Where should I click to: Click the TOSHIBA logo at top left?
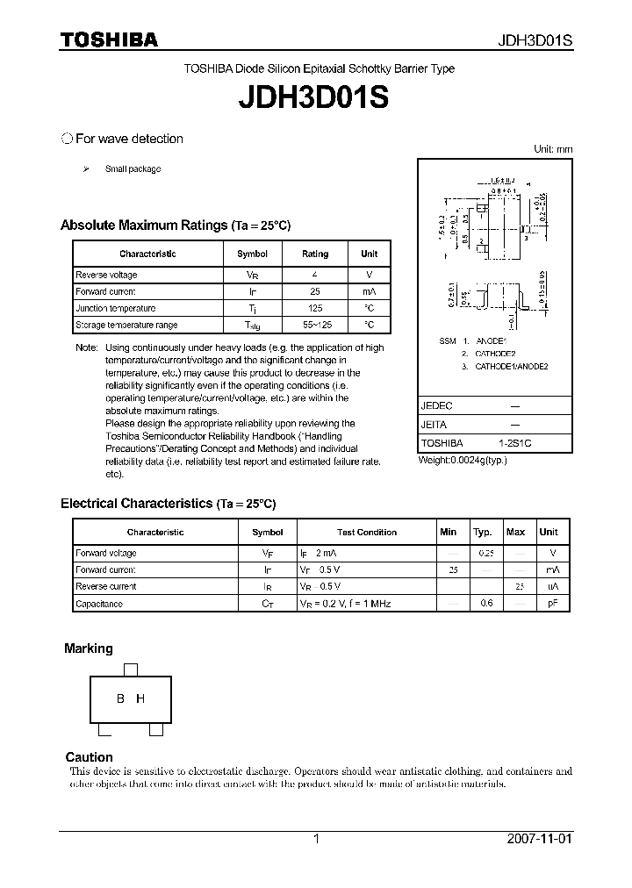click(x=109, y=39)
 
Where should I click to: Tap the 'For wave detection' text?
click(x=129, y=139)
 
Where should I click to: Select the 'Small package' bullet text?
click(x=133, y=168)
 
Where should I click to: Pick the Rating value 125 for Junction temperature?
click(x=315, y=309)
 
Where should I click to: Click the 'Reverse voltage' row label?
click(x=106, y=276)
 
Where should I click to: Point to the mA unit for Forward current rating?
click(x=369, y=292)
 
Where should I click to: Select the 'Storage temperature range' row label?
click(x=126, y=326)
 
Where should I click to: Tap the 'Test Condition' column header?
click(x=367, y=533)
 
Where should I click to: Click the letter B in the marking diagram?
click(x=120, y=698)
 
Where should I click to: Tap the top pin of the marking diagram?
click(x=131, y=670)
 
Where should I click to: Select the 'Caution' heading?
click(x=89, y=756)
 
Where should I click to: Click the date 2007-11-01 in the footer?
click(x=539, y=839)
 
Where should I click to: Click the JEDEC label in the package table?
click(x=436, y=407)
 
